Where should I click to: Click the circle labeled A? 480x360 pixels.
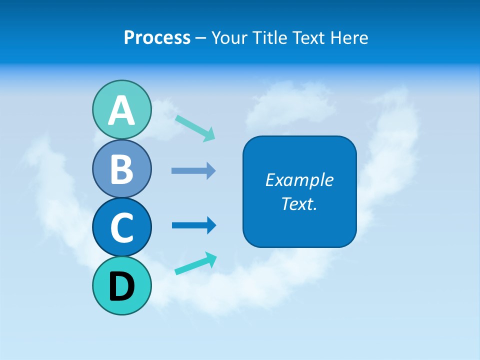click(121, 109)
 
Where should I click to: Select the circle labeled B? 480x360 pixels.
click(121, 168)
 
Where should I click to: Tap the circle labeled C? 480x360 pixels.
click(121, 227)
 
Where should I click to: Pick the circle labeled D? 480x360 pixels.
click(121, 286)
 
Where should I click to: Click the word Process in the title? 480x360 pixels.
click(157, 37)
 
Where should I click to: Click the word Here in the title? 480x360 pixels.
click(349, 37)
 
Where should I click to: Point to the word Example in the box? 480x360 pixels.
click(299, 180)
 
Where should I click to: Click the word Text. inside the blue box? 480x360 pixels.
click(299, 203)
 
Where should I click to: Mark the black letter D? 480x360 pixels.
click(121, 286)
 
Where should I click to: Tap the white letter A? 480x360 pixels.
click(121, 110)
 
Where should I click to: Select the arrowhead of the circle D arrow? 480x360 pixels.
click(210, 258)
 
